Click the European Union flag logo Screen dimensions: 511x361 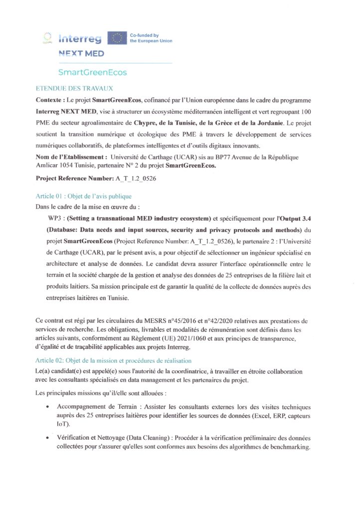(117, 38)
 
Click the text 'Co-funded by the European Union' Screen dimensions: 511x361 (151, 38)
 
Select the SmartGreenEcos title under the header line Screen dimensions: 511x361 (92, 72)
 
